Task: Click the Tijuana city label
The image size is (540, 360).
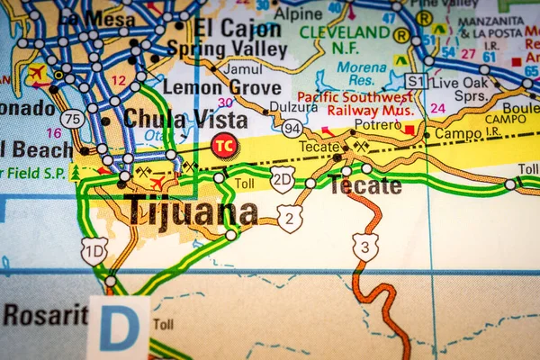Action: pyautogui.click(x=192, y=212)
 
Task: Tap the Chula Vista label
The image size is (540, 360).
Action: pyautogui.click(x=185, y=119)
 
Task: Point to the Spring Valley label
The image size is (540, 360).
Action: pyautogui.click(x=227, y=49)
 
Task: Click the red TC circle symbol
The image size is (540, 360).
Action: pyautogui.click(x=224, y=144)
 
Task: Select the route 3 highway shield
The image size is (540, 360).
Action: pyautogui.click(x=364, y=246)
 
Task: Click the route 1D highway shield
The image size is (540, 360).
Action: pyautogui.click(x=94, y=250)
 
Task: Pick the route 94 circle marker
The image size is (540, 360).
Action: pyautogui.click(x=292, y=129)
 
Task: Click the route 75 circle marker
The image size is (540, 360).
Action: pyautogui.click(x=73, y=118)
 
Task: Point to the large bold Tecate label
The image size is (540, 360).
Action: pyautogui.click(x=365, y=186)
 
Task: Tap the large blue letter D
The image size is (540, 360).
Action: pyautogui.click(x=119, y=328)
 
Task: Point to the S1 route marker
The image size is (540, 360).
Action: pyautogui.click(x=415, y=81)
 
